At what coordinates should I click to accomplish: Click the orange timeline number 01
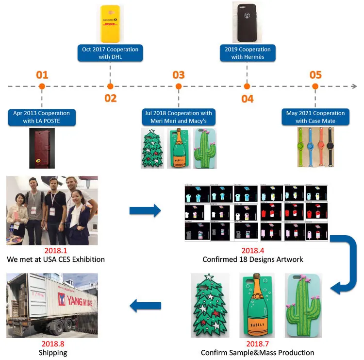coord(42,75)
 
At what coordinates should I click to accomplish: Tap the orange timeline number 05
coord(315,75)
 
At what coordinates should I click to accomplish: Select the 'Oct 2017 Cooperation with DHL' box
coord(110,53)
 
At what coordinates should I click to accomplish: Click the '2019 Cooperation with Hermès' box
coord(248,53)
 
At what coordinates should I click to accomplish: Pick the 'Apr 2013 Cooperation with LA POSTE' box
coord(42,117)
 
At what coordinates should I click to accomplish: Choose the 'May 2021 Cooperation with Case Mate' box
coord(315,117)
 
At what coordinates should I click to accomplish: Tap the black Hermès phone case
coord(247,23)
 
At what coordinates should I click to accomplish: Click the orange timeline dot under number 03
coord(179,86)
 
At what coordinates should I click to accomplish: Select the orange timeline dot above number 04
coord(247,86)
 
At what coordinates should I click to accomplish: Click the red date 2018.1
coord(55,251)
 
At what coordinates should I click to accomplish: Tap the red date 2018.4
coord(252,251)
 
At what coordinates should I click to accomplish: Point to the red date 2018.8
coord(52,344)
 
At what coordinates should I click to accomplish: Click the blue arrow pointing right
coord(145,210)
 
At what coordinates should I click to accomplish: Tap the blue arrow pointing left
coord(145,306)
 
